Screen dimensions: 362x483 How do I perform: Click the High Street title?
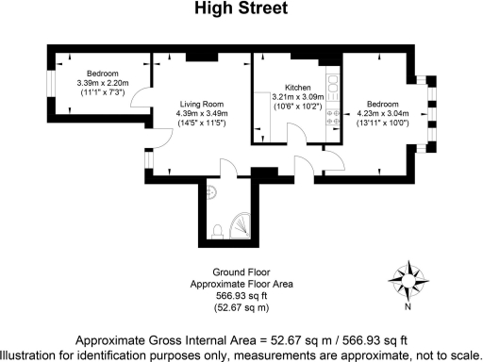(241, 10)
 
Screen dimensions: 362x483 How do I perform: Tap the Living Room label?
(199, 105)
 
